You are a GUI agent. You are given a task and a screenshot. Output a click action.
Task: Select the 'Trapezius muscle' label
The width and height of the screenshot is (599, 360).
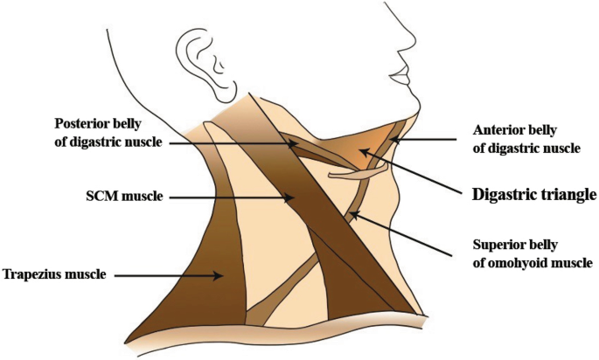[54, 273]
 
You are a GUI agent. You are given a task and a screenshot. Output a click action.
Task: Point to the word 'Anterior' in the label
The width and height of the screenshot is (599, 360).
[496, 129]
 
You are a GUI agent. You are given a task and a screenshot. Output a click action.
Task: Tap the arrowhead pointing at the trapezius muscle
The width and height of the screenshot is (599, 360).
[219, 274]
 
